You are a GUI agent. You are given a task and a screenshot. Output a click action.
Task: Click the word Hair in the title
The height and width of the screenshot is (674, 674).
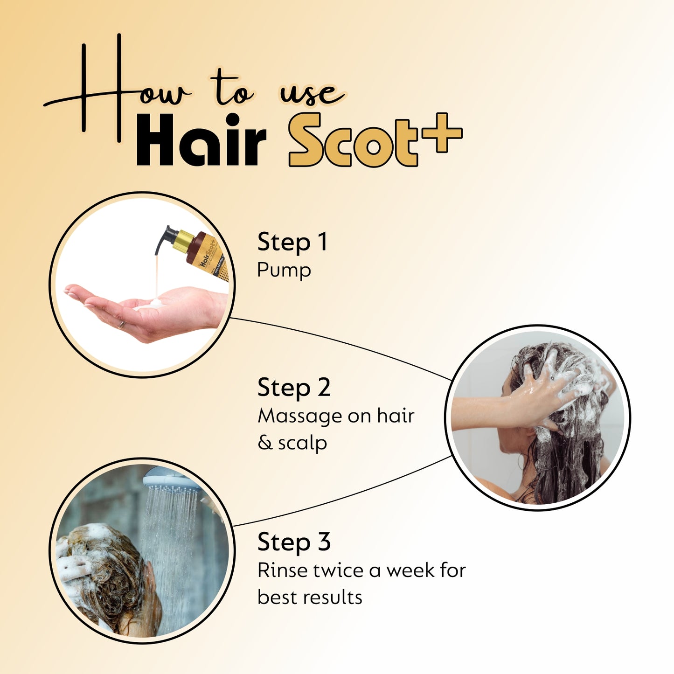pos(201,141)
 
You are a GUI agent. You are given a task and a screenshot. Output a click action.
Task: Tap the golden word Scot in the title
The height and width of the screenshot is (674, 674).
pos(354,140)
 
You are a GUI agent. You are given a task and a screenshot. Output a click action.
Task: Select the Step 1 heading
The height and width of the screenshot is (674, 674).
pos(292,242)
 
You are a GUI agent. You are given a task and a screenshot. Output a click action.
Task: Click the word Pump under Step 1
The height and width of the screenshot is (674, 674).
pos(284,271)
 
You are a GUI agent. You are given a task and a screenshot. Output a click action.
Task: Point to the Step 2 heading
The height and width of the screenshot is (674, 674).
pos(294,388)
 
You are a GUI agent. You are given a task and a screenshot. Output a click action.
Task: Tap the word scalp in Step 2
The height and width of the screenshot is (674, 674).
pos(303,443)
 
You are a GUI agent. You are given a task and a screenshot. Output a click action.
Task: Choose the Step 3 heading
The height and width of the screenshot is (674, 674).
pos(294,542)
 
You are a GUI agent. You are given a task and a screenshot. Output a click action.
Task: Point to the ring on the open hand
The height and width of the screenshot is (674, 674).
pos(121,324)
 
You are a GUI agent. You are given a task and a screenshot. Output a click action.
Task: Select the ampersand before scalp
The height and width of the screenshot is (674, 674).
pos(265,443)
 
